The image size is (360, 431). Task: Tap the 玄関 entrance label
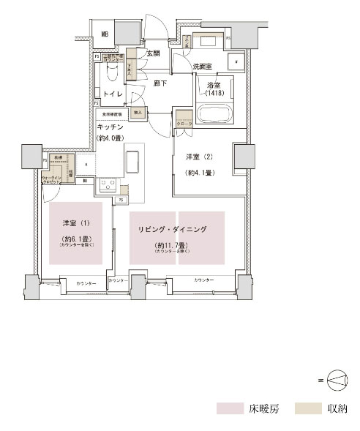pyautogui.click(x=153, y=53)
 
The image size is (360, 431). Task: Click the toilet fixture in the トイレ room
pyautogui.click(x=112, y=74)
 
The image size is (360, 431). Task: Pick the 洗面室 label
pyautogui.click(x=203, y=67)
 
